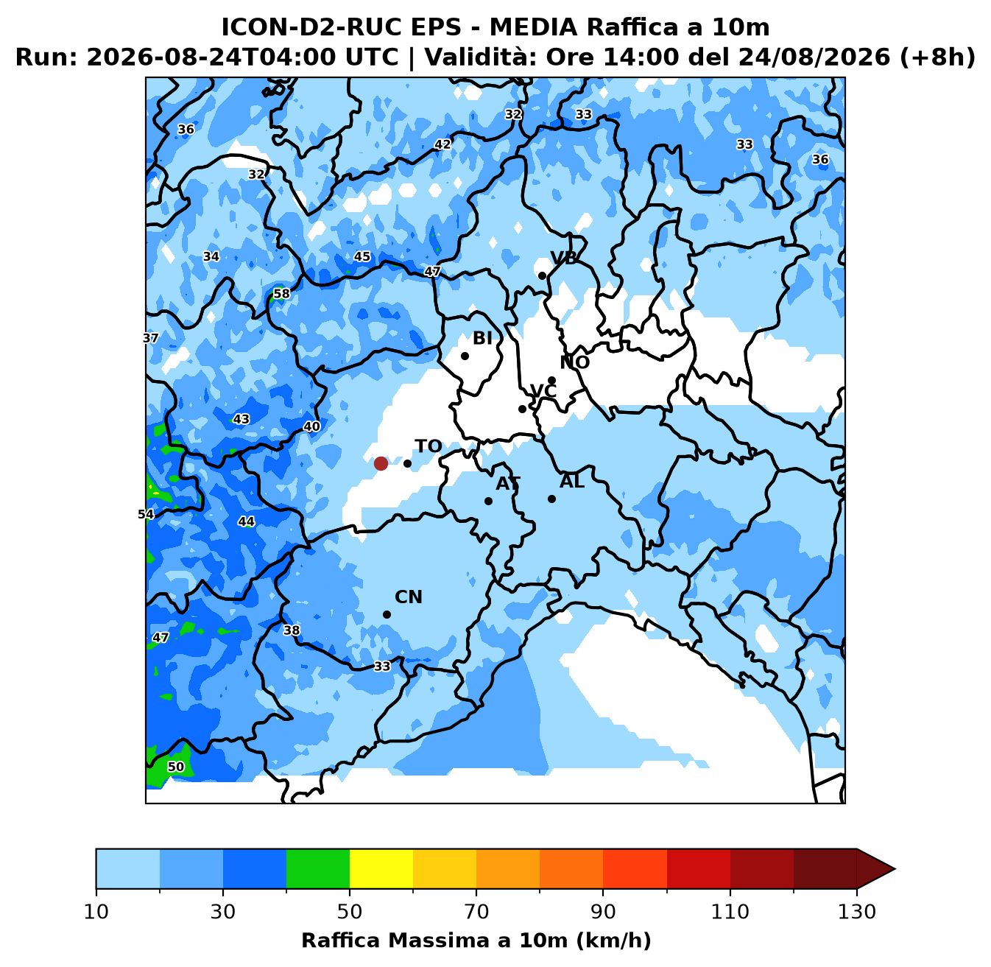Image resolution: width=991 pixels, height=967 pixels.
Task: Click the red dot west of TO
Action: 381,464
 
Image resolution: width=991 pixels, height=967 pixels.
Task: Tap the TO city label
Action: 429,446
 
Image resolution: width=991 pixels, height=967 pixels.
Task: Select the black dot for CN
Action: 387,614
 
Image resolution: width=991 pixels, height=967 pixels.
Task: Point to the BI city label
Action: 482,338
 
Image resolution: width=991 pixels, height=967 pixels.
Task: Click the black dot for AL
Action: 551,499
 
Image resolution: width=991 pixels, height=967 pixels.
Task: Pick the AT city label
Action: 508,483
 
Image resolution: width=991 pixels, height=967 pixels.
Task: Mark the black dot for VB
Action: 543,275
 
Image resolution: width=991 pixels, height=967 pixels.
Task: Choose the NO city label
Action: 575,362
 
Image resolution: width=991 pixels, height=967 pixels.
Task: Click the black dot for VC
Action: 522,409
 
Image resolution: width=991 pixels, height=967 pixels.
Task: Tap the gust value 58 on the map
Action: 281,294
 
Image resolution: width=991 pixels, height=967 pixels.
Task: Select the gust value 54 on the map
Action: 146,515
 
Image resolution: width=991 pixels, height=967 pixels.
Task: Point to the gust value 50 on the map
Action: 176,767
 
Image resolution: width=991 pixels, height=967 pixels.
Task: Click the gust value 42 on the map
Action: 442,144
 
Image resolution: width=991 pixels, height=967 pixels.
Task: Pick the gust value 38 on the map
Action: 292,630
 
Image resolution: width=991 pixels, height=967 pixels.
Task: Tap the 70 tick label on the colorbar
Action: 476,912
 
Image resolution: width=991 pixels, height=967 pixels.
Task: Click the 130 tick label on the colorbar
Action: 856,912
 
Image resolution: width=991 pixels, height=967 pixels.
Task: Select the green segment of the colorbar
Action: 318,868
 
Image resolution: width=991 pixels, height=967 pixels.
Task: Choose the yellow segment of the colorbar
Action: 381,868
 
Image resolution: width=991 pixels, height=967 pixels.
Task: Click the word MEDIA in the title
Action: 534,27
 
